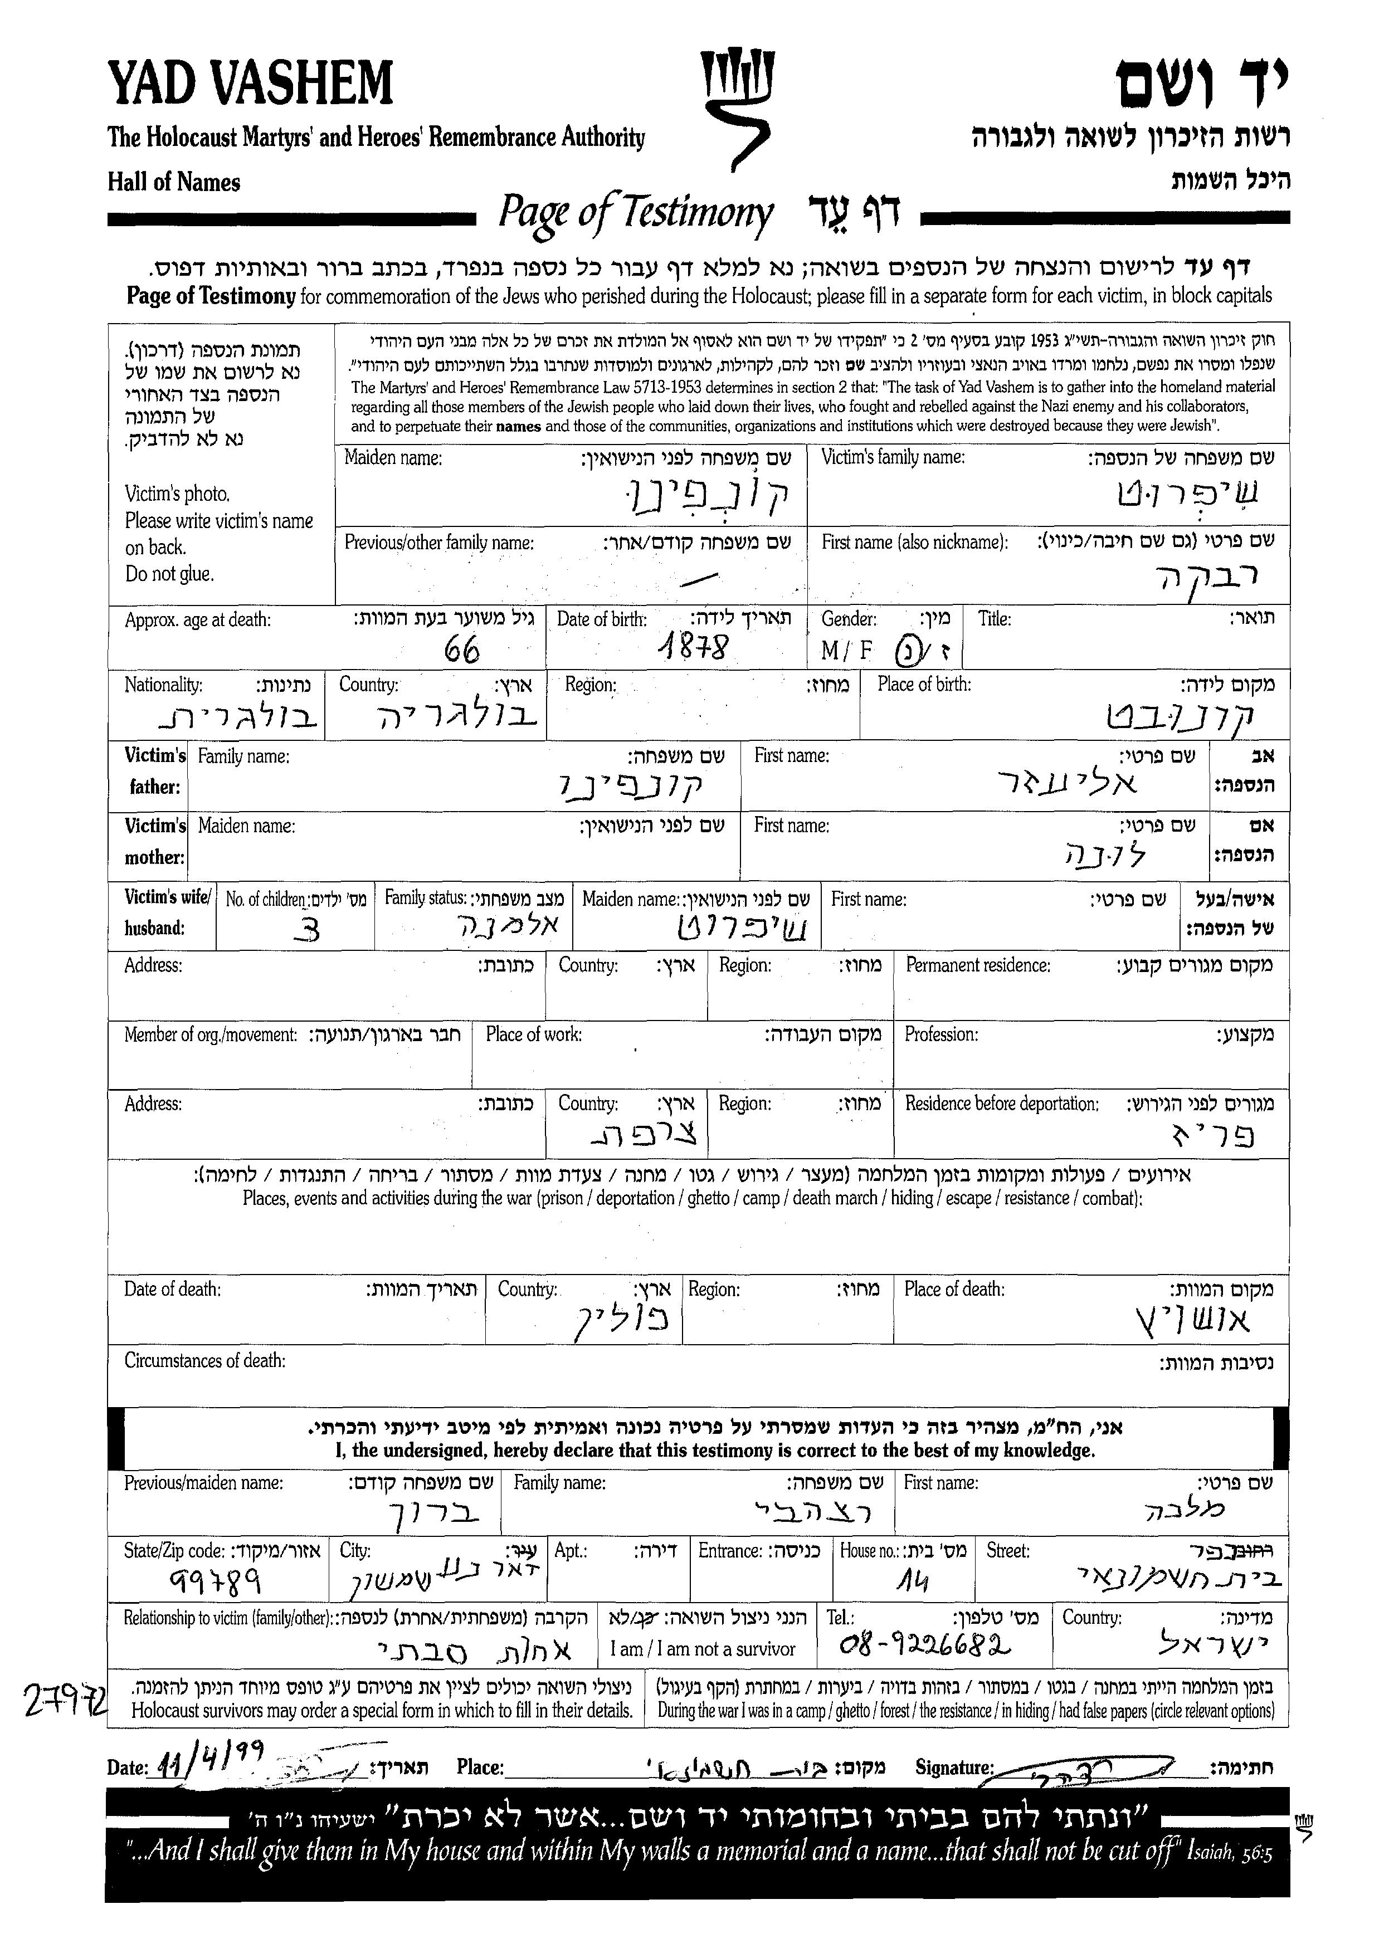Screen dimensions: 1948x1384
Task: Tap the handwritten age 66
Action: click(x=463, y=651)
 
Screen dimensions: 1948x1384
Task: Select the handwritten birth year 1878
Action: click(x=697, y=648)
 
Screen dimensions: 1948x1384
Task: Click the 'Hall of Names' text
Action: click(x=174, y=182)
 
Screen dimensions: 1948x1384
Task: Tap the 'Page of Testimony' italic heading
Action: click(x=635, y=213)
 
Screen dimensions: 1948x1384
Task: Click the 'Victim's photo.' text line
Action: click(x=177, y=494)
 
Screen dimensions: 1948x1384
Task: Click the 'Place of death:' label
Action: click(x=954, y=1290)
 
